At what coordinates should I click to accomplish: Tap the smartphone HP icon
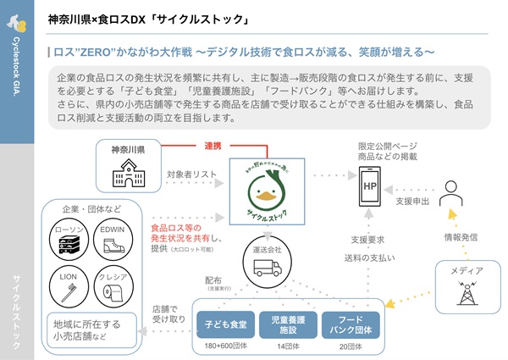click(369, 185)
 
